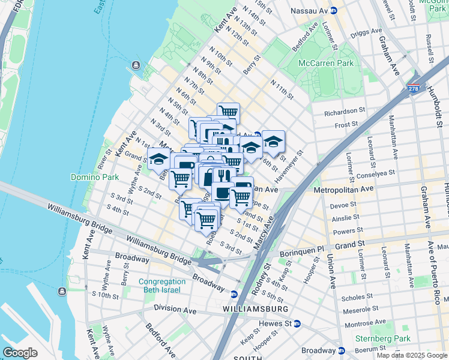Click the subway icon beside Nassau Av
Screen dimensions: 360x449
pyautogui.click(x=334, y=11)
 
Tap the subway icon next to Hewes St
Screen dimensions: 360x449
pyautogui.click(x=297, y=323)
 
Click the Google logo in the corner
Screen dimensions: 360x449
pyautogui.click(x=20, y=353)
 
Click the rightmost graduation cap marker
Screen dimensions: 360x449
pyautogui.click(x=273, y=142)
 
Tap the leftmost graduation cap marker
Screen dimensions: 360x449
pyautogui.click(x=158, y=159)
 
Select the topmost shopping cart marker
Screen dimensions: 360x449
pyautogui.click(x=228, y=112)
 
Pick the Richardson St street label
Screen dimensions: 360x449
pyautogui.click(x=345, y=112)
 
